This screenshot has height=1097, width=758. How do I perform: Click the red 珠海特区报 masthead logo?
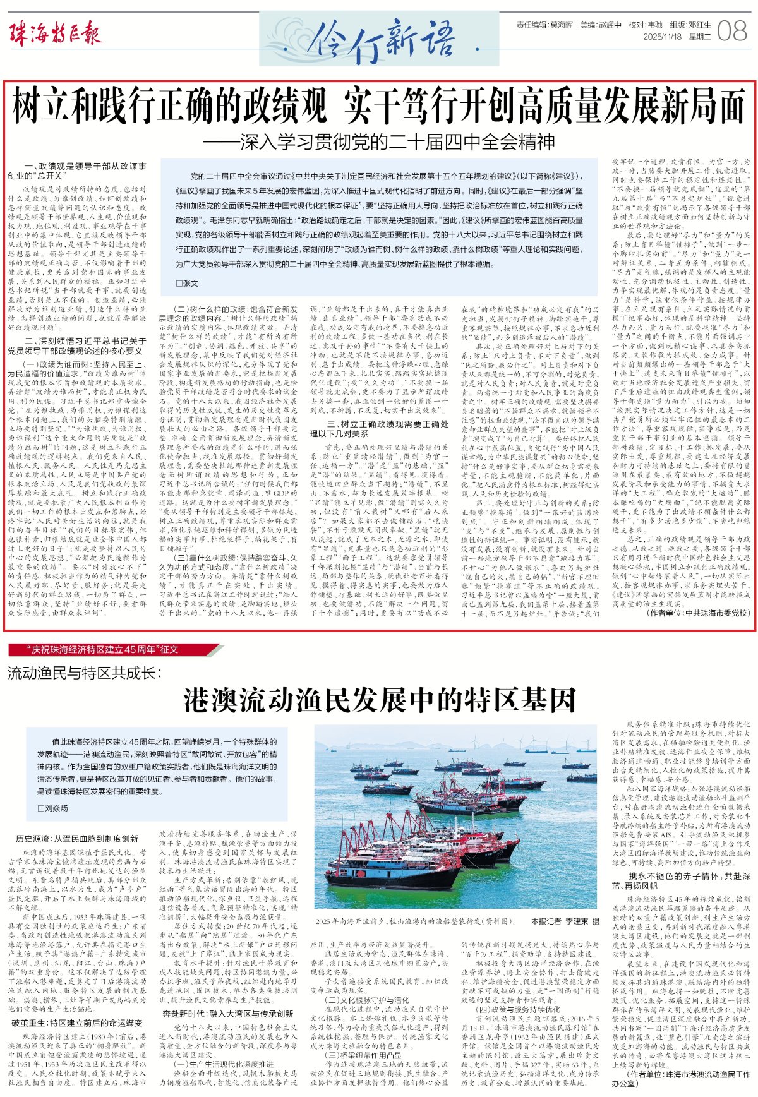coord(55,33)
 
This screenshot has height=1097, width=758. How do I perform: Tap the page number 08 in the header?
coord(733,31)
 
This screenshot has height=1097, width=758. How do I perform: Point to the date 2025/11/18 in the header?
coord(661,37)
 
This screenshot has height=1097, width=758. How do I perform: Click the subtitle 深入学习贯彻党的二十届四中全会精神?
coord(379,141)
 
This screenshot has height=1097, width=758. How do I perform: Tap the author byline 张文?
coord(187,284)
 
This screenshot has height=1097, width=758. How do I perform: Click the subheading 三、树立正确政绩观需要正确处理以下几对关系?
coord(379,429)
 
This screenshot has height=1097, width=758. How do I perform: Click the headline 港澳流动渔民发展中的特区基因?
coord(380,700)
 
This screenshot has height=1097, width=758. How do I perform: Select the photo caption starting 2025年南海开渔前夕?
coord(414,921)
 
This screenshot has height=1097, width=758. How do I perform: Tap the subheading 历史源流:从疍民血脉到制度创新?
coord(77,839)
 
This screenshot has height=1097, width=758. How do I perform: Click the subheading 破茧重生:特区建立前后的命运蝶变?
coord(76,1022)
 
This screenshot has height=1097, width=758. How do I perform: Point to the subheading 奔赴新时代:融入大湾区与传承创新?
coord(227,1014)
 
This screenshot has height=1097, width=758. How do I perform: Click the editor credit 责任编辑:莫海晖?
coord(544,25)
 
